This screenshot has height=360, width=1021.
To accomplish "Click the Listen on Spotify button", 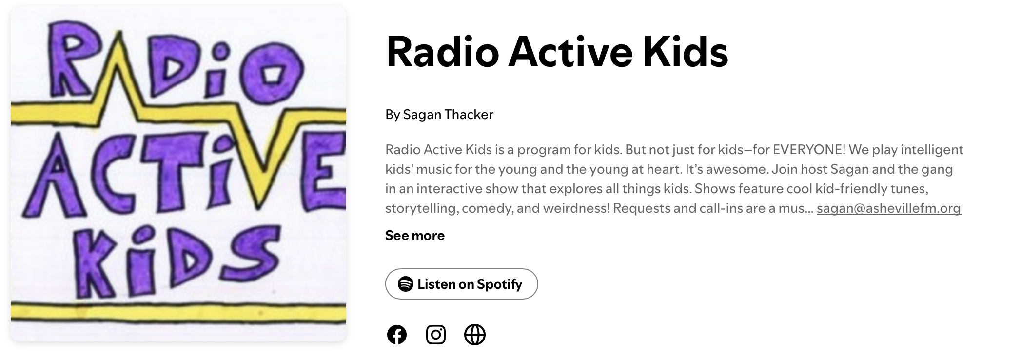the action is [461, 284].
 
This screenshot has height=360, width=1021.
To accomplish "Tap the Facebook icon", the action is [397, 335].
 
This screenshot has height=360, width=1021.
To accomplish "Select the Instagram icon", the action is [436, 335].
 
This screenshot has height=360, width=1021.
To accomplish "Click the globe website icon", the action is [475, 335].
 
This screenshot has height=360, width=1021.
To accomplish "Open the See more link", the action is [415, 236].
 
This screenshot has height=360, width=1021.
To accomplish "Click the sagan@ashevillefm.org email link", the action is [889, 208].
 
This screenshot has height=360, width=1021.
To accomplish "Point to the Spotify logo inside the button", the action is [406, 284].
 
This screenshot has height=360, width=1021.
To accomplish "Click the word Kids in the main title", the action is [686, 52].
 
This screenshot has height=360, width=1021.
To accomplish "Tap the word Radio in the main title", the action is [442, 52].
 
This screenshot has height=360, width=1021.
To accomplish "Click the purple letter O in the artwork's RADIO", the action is [273, 72].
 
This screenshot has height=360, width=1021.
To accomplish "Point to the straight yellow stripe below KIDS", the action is [178, 313].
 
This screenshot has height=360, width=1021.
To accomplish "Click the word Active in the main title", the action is [570, 52].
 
